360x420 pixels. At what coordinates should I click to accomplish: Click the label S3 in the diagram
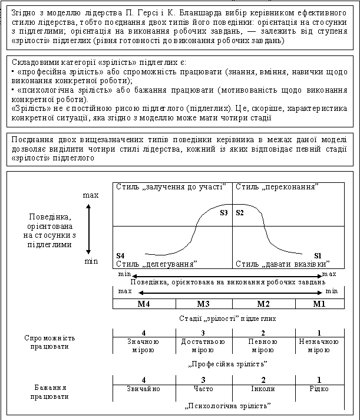223,213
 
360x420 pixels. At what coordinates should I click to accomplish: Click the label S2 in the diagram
240,213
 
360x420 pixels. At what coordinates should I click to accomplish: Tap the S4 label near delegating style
120,255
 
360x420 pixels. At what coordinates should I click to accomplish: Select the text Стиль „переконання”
277,187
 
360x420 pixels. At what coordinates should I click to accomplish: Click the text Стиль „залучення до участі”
171,187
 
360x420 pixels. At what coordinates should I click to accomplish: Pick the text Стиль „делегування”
156,263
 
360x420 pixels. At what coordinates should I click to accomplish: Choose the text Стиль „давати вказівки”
282,263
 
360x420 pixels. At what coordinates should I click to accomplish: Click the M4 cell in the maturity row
144,304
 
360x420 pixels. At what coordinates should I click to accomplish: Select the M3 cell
204,304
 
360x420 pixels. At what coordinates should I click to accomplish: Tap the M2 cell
264,304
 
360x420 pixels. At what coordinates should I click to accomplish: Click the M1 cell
319,304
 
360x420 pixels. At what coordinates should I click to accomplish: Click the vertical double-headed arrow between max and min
88,228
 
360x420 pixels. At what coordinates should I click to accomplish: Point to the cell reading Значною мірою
143,346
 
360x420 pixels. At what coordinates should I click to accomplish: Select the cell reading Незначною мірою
319,346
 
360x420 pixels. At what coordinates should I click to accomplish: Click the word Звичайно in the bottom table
143,389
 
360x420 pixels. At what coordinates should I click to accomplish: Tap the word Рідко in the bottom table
319,389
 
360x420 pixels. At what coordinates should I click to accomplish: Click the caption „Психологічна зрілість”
227,406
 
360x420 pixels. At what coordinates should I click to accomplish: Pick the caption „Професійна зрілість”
227,363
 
